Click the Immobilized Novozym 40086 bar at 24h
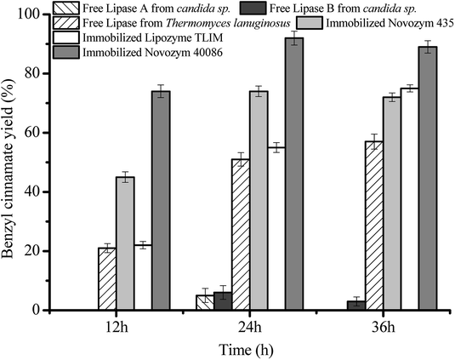click(293, 174)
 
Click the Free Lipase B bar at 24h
click(223, 301)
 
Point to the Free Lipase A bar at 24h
click(205, 303)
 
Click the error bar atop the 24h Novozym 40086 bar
click(293, 38)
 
